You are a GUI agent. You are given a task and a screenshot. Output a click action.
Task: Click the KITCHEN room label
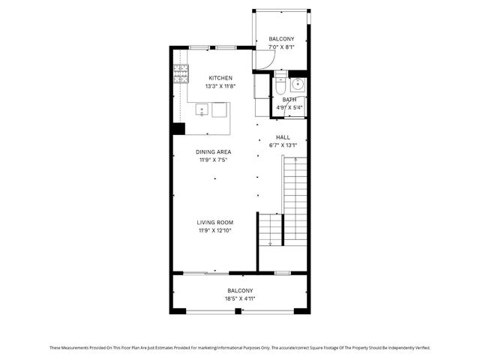point(220,78)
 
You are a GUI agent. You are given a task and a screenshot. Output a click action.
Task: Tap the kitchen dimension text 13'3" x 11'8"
point(220,86)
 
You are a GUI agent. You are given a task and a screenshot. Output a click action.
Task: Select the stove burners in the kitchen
point(181,73)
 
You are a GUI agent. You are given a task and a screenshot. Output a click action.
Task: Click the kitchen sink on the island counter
point(202,110)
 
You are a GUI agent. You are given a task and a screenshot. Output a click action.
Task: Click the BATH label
point(289,100)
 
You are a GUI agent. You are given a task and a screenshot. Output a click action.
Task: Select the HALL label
point(283,137)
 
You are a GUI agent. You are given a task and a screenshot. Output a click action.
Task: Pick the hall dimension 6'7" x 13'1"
point(283,145)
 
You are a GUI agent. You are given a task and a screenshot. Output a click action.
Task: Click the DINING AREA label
point(214,151)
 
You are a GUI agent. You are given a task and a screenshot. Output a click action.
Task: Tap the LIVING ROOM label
point(215,222)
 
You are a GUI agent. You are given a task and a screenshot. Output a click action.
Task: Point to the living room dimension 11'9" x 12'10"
point(215,230)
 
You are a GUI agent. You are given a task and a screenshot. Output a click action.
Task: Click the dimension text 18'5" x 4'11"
point(240,298)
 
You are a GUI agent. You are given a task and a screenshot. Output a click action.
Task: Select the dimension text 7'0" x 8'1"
point(282,47)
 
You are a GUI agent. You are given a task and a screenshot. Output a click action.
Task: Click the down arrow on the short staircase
point(283,217)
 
